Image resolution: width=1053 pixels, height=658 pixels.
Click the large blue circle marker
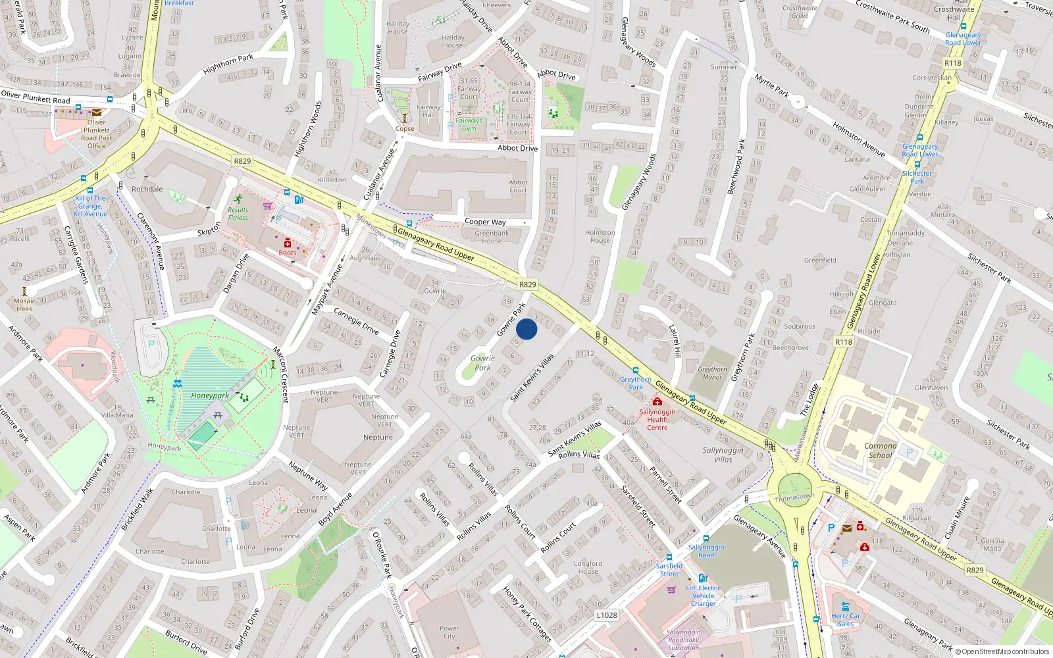tap(526, 329)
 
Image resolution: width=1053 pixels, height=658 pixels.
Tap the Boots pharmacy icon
tap(288, 244)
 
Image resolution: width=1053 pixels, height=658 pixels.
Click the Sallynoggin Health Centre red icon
tap(657, 402)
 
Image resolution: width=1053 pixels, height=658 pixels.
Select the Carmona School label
tap(881, 450)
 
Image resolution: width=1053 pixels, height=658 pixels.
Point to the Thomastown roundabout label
tap(794, 497)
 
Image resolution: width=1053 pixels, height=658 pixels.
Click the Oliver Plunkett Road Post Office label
tap(97, 134)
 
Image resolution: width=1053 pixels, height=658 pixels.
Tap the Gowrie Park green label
tap(482, 363)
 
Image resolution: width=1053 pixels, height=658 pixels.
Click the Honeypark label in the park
tap(210, 396)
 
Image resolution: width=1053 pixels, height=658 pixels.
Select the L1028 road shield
tap(607, 615)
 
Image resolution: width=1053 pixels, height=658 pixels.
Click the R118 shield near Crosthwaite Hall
tap(952, 63)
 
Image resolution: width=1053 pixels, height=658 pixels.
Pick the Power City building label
tap(449, 632)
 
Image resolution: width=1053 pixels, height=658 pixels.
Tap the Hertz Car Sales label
tap(846, 620)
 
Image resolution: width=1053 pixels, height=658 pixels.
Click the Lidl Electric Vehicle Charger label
tap(704, 595)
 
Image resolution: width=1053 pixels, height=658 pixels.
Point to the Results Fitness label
tap(238, 214)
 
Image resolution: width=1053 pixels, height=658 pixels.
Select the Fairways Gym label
tap(469, 124)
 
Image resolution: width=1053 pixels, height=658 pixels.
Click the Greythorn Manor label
tap(712, 373)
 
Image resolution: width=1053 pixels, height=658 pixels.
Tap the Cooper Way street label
tap(485, 222)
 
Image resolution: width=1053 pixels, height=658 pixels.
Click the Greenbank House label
tap(492, 237)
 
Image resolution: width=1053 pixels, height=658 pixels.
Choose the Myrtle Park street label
tap(771, 86)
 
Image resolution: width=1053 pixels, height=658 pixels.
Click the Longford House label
tap(588, 567)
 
